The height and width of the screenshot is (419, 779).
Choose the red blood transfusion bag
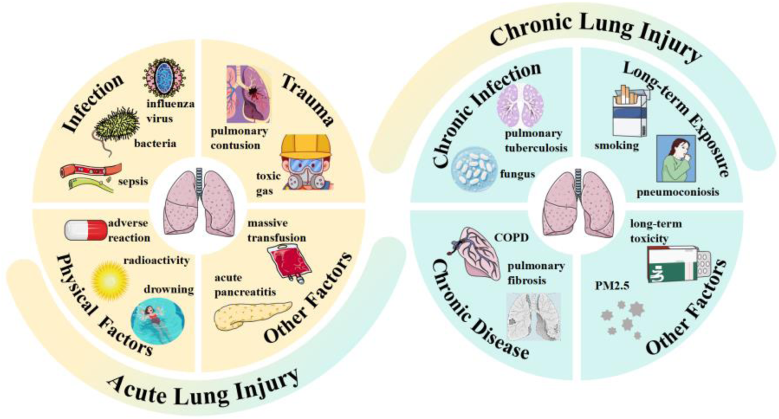pyautogui.click(x=289, y=263)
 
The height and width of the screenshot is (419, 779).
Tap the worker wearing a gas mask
pyautogui.click(x=305, y=163)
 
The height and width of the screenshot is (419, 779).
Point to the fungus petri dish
pyautogui.click(x=474, y=169)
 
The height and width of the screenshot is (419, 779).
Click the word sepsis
pyautogui.click(x=133, y=182)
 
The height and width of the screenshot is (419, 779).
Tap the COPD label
pyautogui.click(x=511, y=238)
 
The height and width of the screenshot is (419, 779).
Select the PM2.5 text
pyautogui.click(x=612, y=286)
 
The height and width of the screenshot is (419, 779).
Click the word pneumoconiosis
pyautogui.click(x=677, y=192)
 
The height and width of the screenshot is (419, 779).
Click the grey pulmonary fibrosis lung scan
pyautogui.click(x=534, y=316)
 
